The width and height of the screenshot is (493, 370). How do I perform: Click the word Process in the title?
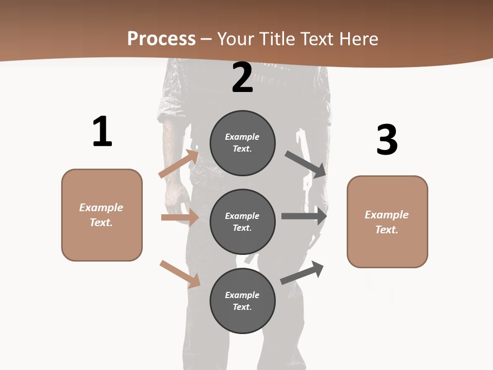(x=161, y=39)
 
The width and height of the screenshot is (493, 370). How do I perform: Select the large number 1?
(x=102, y=132)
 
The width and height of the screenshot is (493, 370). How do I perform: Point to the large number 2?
(x=242, y=78)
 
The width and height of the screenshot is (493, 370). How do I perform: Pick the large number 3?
(x=387, y=140)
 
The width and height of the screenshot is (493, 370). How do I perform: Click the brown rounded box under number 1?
(x=102, y=215)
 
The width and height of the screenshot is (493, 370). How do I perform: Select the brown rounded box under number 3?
(x=387, y=222)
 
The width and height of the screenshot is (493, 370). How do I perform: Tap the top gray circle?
(x=242, y=143)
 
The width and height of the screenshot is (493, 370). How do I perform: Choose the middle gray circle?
(x=242, y=222)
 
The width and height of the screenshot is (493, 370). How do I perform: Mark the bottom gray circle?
(x=242, y=301)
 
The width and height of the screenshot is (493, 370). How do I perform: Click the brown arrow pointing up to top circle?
(x=179, y=164)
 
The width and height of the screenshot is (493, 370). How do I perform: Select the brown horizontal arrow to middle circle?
(x=180, y=217)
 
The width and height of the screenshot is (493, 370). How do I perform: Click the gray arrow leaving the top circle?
(x=306, y=164)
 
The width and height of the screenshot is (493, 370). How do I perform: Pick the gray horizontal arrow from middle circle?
(x=304, y=216)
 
